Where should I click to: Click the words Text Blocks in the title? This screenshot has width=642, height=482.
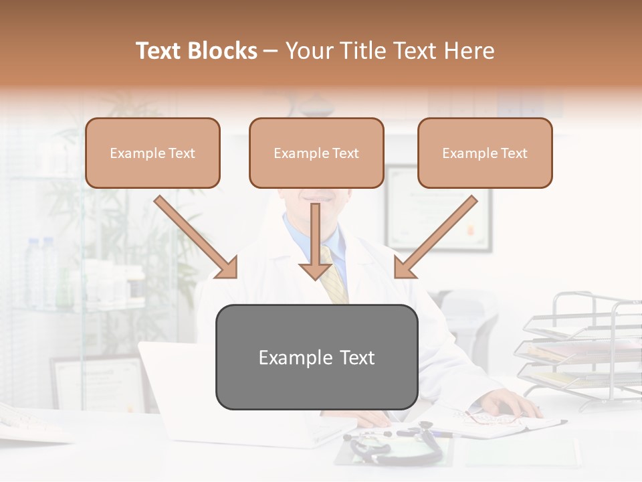point(197,51)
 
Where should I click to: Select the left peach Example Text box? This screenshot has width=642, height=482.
point(152,153)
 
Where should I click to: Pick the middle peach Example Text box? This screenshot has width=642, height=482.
point(316,153)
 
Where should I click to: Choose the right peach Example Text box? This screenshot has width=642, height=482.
point(485,153)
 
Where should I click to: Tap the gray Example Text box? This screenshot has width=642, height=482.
point(316,357)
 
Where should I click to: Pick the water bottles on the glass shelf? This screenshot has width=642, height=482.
point(40,268)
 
